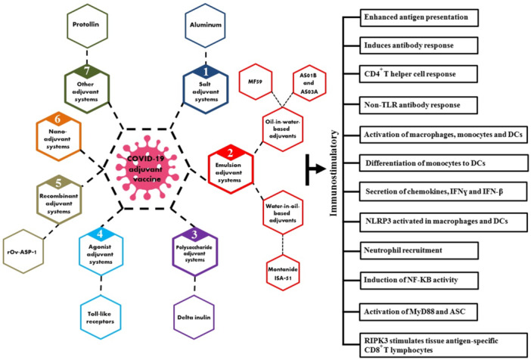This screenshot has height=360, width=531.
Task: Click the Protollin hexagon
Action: click(x=88, y=25)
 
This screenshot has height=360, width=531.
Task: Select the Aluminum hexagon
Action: click(x=205, y=25)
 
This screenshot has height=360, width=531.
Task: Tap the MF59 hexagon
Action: click(x=256, y=82)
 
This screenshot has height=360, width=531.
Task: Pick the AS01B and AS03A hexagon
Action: click(x=309, y=83)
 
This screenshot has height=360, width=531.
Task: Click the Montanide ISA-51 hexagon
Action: click(x=283, y=274)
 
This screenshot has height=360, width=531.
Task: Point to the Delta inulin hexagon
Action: click(x=194, y=318)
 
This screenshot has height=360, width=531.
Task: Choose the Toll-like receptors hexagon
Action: click(x=101, y=318)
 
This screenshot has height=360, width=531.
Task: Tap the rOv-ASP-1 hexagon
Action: click(x=23, y=251)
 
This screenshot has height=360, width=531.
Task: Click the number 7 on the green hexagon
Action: click(x=87, y=71)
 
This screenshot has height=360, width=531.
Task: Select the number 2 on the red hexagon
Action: click(x=231, y=154)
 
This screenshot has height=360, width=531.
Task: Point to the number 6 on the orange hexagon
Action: click(x=58, y=119)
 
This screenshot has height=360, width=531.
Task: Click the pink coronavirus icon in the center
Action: click(x=147, y=168)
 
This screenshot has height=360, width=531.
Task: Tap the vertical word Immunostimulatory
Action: click(x=334, y=172)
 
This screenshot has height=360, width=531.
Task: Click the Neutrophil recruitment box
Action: click(x=419, y=250)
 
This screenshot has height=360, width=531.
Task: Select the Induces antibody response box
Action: click(x=419, y=45)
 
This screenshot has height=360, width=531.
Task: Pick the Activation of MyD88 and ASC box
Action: click(x=418, y=312)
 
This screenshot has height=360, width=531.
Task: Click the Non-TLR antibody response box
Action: click(x=418, y=105)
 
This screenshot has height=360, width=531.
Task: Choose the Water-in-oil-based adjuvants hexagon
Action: click(x=282, y=213)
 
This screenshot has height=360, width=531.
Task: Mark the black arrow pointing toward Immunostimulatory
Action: click(x=315, y=169)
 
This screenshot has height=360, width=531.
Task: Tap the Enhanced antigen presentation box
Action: click(x=419, y=17)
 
